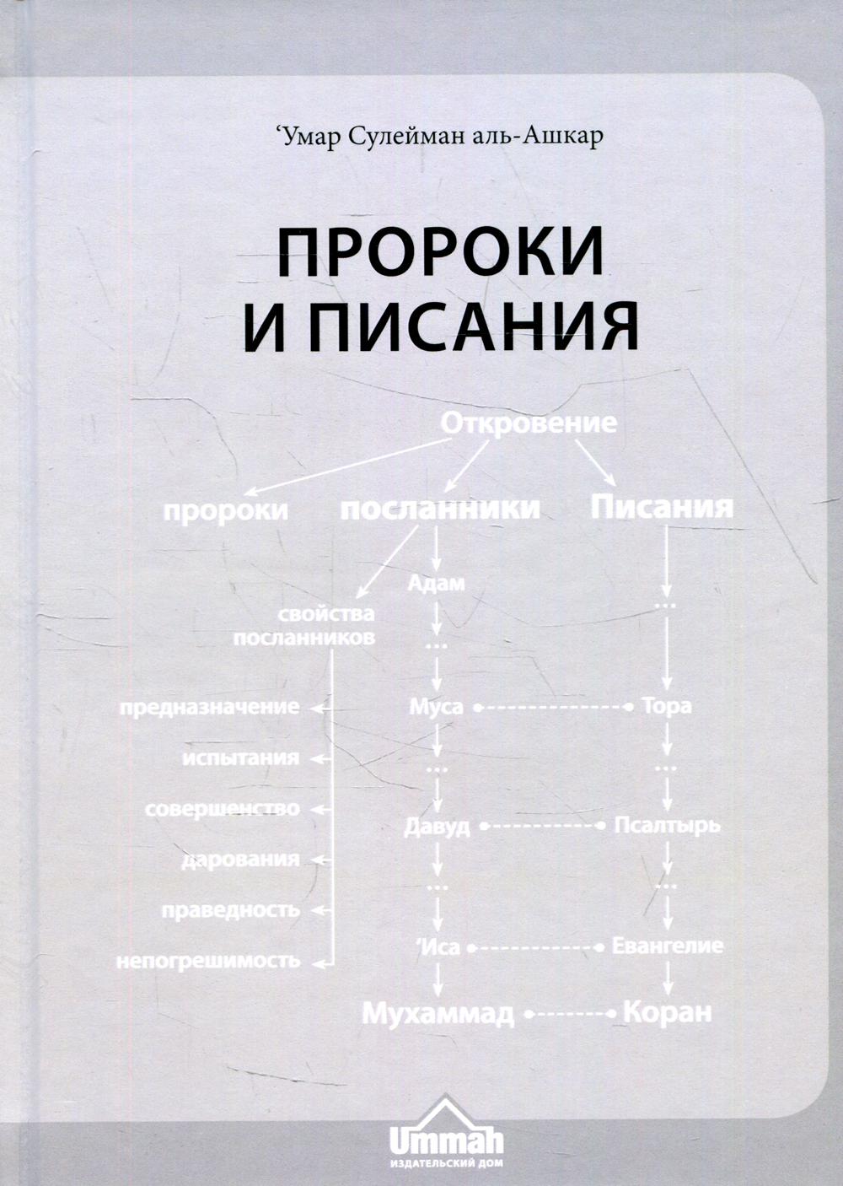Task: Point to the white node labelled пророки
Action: tap(225, 511)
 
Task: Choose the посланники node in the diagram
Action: tap(440, 509)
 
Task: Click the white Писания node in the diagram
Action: tap(662, 506)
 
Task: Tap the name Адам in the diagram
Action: tap(437, 584)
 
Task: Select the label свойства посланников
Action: tap(304, 626)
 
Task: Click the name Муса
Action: tap(436, 707)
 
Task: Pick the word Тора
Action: tap(666, 706)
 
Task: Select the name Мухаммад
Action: tap(438, 1013)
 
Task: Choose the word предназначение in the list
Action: tap(210, 708)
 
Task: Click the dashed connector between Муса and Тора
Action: tap(552, 707)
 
